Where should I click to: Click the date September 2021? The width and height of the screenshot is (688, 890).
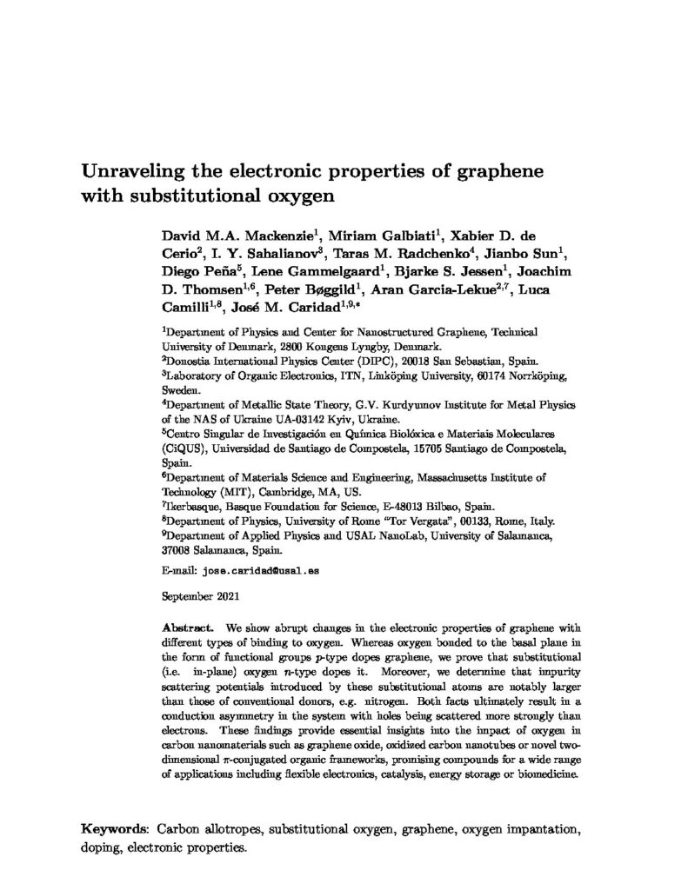(196, 598)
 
